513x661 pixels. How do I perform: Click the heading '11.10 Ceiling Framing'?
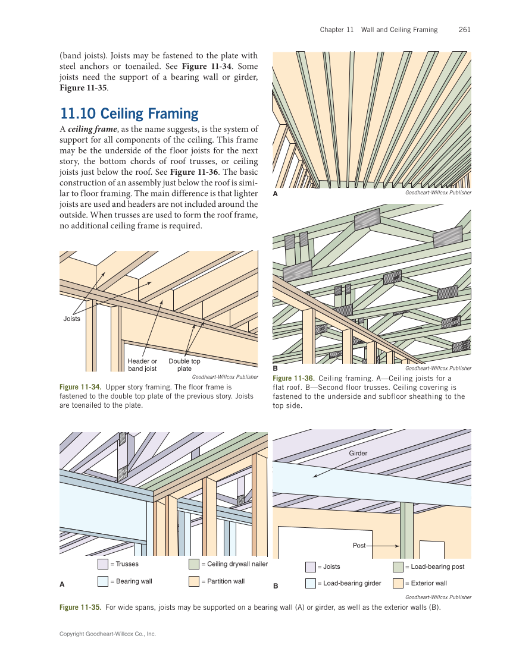pyautogui.click(x=129, y=113)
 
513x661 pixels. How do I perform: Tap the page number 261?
pyautogui.click(x=465, y=29)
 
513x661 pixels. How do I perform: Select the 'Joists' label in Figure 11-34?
pyautogui.click(x=72, y=319)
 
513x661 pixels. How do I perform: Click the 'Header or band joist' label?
pyautogui.click(x=142, y=364)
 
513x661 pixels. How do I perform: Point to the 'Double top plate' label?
pyautogui.click(x=184, y=364)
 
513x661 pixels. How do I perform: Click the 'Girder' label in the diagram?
pyautogui.click(x=358, y=453)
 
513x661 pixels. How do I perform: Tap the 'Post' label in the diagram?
pyautogui.click(x=359, y=544)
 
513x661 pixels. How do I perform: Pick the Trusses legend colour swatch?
pyautogui.click(x=103, y=564)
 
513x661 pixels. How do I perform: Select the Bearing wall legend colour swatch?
pyautogui.click(x=103, y=581)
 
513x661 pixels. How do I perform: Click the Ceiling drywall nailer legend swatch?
pyautogui.click(x=194, y=564)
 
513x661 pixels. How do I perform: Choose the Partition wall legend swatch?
pyautogui.click(x=194, y=581)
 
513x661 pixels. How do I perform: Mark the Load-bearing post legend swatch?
pyautogui.click(x=398, y=566)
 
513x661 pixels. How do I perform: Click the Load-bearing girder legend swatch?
pyautogui.click(x=311, y=583)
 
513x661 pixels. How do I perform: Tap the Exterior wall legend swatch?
pyautogui.click(x=398, y=583)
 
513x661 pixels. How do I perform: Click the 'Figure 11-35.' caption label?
pyautogui.click(x=80, y=608)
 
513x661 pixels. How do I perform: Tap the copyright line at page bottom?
pyautogui.click(x=108, y=634)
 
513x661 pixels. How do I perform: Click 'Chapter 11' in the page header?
pyautogui.click(x=336, y=29)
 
